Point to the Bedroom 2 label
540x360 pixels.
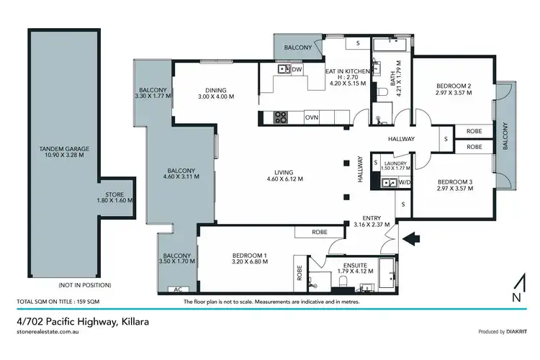pyautogui.click(x=453, y=86)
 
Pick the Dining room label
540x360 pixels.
pyautogui.click(x=216, y=91)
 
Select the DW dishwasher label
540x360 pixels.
pyautogui.click(x=297, y=69)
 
